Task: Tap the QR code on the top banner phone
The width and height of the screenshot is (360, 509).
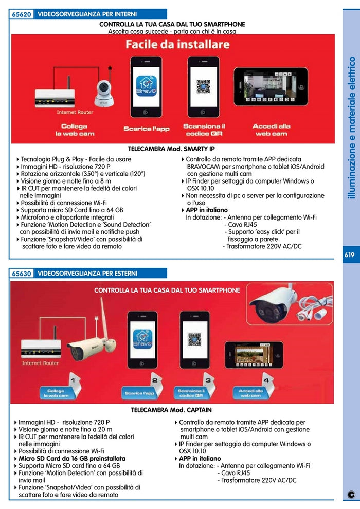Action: tap(203, 86)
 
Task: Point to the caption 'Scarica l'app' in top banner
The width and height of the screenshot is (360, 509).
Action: tap(147, 129)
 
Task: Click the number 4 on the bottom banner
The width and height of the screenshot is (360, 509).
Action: tap(266, 380)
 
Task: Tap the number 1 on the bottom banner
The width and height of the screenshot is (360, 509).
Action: tap(73, 380)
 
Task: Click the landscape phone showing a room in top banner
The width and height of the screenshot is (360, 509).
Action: tap(271, 86)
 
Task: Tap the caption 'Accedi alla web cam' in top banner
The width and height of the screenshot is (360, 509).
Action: tap(271, 129)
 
